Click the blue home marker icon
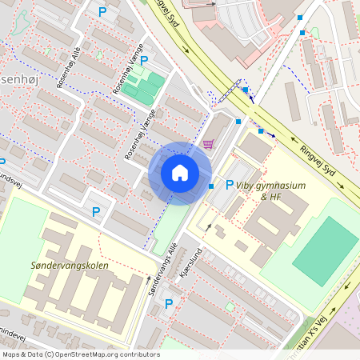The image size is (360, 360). coord(180,173)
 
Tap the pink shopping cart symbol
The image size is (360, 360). coord(209,143)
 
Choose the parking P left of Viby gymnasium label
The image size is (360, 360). coord(230,185)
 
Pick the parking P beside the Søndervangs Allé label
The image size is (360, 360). coord(169,303)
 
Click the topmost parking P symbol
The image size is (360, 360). coord(102,11)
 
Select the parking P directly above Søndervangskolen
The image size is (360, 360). coord(96,212)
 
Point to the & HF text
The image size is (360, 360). coord(270,196)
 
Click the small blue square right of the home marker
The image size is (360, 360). coord(211,186)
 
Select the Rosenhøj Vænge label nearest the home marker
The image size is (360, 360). coord(138,134)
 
